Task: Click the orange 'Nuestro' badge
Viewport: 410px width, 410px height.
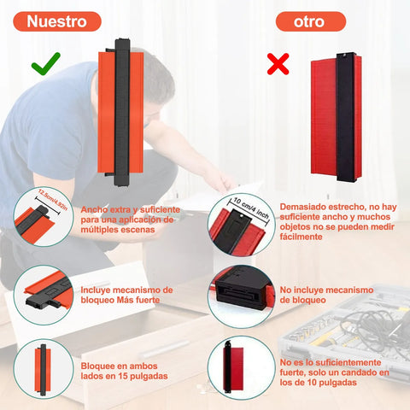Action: click(57, 21)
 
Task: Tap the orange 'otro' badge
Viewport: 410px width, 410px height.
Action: click(311, 21)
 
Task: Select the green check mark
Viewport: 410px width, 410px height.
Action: click(46, 64)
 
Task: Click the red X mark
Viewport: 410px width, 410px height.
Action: click(278, 64)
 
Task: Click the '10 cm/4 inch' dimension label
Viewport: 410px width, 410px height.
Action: click(251, 208)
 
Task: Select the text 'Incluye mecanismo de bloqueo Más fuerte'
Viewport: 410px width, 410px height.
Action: click(126, 295)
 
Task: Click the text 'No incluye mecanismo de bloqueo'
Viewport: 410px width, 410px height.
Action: click(326, 295)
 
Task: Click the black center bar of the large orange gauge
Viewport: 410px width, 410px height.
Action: click(122, 112)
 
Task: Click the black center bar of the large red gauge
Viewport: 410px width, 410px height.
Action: click(345, 117)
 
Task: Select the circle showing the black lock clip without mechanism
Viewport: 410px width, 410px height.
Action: click(242, 296)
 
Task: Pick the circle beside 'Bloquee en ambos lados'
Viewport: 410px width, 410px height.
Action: click(44, 369)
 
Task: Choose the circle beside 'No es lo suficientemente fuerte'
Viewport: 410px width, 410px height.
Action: click(242, 368)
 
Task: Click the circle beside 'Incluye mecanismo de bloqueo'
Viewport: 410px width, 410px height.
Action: click(44, 295)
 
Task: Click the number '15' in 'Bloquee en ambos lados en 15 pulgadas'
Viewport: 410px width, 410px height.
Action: click(123, 376)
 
